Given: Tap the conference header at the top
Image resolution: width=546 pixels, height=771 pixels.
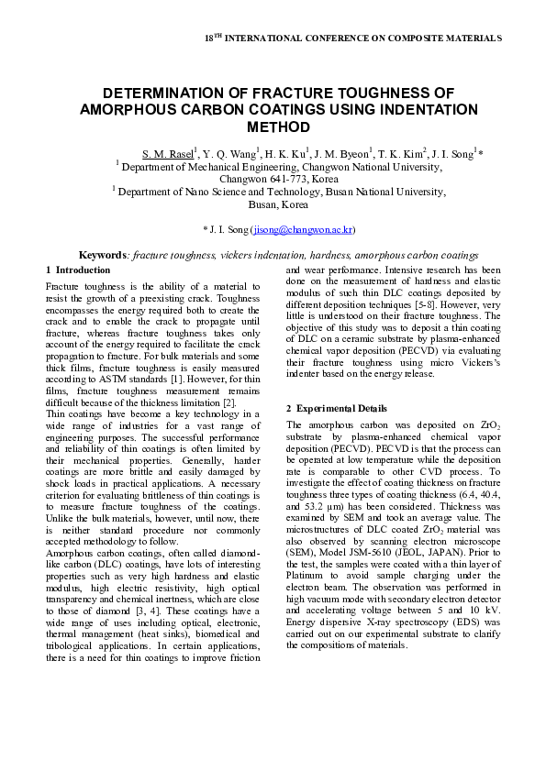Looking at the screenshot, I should [351, 39].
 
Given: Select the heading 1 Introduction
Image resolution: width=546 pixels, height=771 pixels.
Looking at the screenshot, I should [78, 270].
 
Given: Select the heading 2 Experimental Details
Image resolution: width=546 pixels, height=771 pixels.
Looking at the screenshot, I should [336, 408].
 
